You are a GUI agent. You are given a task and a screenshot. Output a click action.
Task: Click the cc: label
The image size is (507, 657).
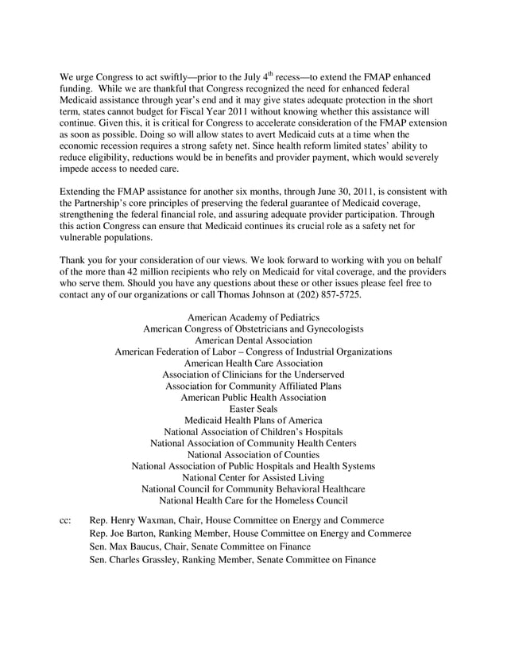66,519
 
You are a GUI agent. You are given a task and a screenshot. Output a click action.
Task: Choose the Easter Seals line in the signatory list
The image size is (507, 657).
253,409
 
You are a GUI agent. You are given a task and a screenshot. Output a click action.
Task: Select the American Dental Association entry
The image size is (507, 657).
253,339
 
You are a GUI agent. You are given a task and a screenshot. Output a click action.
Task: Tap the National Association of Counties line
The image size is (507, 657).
253,454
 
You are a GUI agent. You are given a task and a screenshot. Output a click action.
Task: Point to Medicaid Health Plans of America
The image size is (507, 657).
253,420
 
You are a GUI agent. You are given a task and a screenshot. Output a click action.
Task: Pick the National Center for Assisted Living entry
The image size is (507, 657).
253,477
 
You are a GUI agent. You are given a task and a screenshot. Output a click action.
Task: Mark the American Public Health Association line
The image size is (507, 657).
253,397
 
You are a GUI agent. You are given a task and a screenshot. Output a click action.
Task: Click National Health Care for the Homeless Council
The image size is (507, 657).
253,500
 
